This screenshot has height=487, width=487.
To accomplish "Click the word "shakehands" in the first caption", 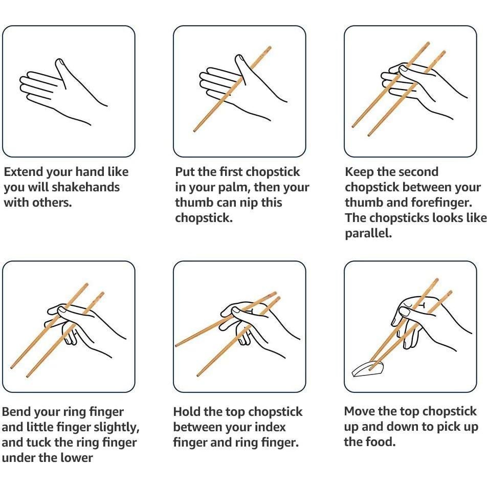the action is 86,187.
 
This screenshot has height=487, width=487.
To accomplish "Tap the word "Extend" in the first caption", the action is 24,172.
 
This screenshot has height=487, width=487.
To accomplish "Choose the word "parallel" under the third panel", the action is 367,233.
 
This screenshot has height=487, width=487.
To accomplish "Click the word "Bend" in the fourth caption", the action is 16,412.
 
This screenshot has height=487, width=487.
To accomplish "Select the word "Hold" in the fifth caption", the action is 187,412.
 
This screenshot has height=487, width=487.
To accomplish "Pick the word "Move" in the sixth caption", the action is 360,411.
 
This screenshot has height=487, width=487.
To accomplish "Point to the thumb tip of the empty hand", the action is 59,62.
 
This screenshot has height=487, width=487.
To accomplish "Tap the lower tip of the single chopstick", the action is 194,131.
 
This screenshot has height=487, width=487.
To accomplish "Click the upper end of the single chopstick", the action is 269,48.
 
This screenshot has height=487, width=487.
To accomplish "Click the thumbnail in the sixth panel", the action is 405,311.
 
